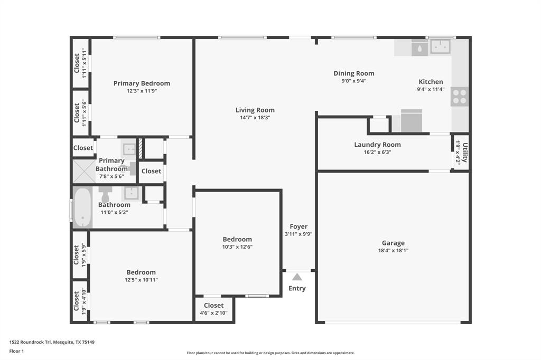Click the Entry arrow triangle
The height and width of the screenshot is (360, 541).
[x=297, y=277]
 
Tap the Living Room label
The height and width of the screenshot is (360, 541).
[x=255, y=110]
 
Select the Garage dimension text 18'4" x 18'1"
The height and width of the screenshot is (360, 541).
[x=393, y=251]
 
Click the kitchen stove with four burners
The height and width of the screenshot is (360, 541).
[x=460, y=97]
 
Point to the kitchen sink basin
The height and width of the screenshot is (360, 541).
[x=440, y=46]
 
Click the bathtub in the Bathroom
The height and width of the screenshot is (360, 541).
[x=82, y=207]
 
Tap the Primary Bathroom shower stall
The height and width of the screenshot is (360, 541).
[x=84, y=171]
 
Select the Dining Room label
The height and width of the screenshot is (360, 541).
[x=353, y=73]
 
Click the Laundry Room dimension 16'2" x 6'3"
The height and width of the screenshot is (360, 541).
[x=377, y=152]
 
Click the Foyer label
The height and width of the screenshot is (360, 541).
[x=299, y=226]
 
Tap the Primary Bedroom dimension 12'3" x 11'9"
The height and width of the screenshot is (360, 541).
[x=142, y=91]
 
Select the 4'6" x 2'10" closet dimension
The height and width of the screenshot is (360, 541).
[x=213, y=313]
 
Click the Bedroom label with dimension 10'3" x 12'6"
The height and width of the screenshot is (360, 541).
[x=237, y=239]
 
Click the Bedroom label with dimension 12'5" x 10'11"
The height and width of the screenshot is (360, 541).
[x=141, y=272]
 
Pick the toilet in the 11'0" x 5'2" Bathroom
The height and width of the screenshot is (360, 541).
[x=105, y=194]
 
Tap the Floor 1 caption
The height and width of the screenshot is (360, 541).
[x=16, y=351]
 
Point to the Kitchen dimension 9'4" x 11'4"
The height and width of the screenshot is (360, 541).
[x=431, y=89]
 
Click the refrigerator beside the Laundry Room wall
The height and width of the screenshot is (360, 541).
[x=411, y=121]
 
